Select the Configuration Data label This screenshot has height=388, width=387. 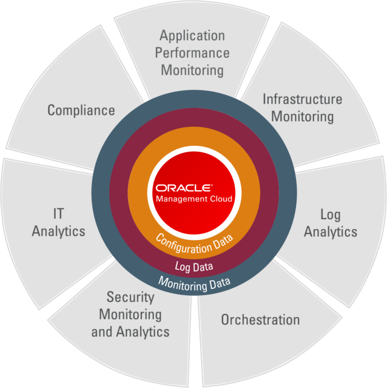pos(194,243)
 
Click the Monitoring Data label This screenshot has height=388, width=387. pos(194,282)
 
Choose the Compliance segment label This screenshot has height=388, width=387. pos(81,110)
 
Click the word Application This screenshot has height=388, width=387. pos(192,35)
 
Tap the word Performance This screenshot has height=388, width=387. pos(192,53)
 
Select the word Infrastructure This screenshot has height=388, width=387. pos(302,99)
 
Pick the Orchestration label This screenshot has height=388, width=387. pos(260,319)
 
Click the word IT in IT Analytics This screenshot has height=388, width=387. pos(59,214)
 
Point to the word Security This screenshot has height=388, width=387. pos(130,298)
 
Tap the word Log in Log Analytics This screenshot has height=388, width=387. pos(331,214)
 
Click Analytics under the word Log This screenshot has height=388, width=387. pos(331,231)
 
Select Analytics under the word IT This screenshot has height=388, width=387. pos(59,231)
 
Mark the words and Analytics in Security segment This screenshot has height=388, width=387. pos(130,332)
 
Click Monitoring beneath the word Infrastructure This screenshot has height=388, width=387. pos(302,116)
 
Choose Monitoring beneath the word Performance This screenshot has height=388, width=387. pos(192,70)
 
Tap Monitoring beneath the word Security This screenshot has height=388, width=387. pos(130,315)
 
